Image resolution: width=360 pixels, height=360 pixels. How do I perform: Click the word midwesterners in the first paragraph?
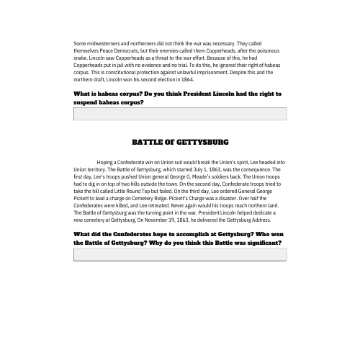click(99, 43)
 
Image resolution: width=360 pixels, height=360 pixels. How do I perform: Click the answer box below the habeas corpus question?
click(180, 114)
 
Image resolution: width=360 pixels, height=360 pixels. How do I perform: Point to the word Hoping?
click(106, 163)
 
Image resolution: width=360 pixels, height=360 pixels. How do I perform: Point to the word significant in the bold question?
click(263, 243)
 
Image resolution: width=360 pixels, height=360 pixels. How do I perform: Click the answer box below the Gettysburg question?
click(180, 254)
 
